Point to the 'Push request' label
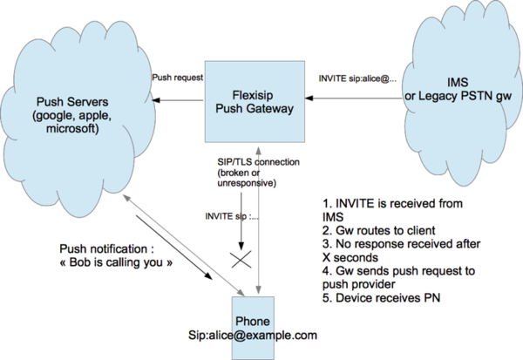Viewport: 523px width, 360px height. coord(177,77)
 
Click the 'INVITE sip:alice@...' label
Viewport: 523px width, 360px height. coord(355,77)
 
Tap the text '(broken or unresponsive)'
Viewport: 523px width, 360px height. coord(247,180)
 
